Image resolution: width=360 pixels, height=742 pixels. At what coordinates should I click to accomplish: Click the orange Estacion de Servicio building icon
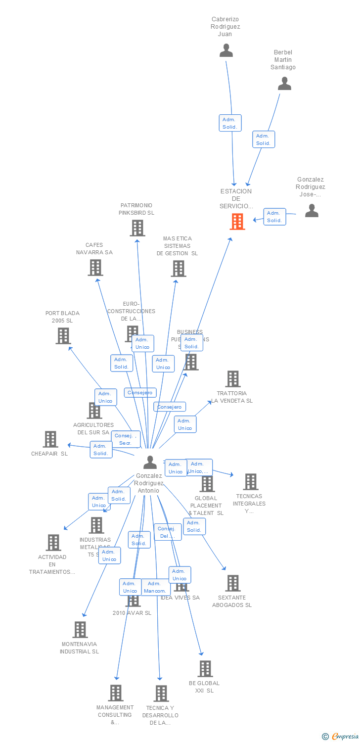(237, 222)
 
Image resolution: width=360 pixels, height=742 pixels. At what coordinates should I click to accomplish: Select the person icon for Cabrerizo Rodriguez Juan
(226, 50)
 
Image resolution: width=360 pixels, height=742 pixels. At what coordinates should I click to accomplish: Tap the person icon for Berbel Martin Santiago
(284, 84)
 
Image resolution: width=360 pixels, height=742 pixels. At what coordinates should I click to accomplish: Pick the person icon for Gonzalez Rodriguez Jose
(312, 211)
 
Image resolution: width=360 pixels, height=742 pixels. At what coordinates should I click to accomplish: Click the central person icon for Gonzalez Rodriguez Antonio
(150, 462)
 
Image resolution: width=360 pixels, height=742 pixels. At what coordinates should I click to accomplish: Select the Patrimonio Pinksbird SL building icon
(137, 228)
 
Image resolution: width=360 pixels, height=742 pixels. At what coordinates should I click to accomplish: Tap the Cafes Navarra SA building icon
(95, 268)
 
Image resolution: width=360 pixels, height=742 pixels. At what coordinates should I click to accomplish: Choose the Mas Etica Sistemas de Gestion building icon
(178, 269)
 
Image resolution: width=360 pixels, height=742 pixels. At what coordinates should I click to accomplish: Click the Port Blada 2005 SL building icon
(63, 336)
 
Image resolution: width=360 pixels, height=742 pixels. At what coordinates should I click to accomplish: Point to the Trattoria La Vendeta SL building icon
(233, 379)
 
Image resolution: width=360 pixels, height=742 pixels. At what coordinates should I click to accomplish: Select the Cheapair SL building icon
(50, 439)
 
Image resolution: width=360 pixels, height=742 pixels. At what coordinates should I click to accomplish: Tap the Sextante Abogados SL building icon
(233, 583)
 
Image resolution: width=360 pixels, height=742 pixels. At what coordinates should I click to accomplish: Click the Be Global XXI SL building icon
(205, 669)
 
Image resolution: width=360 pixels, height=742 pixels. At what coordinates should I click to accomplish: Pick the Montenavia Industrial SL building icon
(80, 630)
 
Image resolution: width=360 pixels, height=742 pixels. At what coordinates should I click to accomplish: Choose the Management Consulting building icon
(116, 693)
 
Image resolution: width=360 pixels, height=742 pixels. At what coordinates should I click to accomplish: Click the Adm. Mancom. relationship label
(155, 587)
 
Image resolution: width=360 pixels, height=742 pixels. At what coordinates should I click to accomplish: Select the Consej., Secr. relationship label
(126, 439)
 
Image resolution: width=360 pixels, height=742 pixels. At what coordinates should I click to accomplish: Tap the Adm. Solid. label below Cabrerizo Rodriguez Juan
(230, 123)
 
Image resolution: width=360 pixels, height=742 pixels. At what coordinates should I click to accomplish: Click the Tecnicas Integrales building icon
(250, 482)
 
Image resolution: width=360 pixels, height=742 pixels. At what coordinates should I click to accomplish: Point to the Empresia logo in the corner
(341, 737)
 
